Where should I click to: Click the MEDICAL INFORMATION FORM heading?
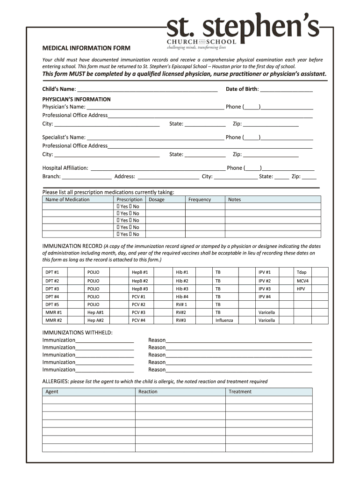(86, 48)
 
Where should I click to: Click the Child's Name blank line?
(147, 89)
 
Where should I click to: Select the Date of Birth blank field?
(286, 89)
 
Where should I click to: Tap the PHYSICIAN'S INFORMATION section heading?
(77, 99)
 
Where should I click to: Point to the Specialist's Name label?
(64, 138)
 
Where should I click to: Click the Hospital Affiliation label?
(65, 168)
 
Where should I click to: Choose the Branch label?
(51, 177)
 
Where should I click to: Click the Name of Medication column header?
(67, 200)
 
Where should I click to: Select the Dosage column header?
(157, 200)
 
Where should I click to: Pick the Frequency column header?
(200, 200)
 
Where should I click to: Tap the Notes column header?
(235, 200)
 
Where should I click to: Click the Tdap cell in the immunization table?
(302, 272)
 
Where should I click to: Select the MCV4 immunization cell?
(302, 281)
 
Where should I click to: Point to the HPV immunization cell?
(301, 289)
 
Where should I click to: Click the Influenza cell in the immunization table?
(224, 320)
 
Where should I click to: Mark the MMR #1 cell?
(54, 312)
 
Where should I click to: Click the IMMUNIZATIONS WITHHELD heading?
(78, 333)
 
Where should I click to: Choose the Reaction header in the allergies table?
(148, 392)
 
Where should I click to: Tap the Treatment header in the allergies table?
(240, 392)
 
